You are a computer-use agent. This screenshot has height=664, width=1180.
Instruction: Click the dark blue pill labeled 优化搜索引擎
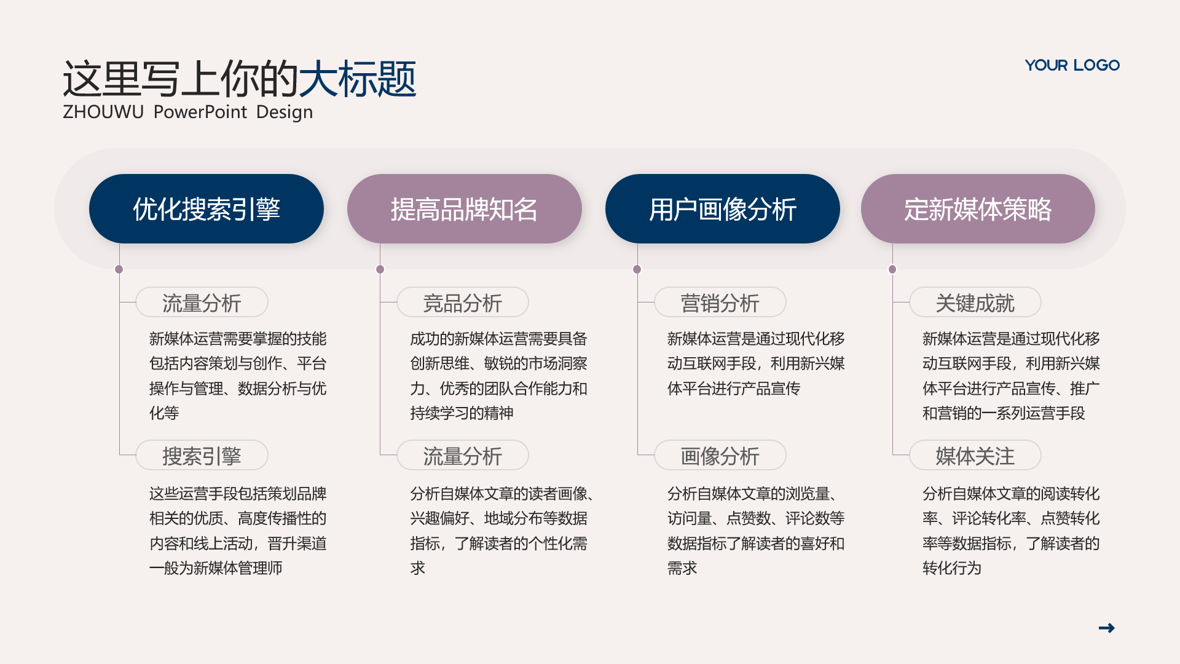[x=206, y=209]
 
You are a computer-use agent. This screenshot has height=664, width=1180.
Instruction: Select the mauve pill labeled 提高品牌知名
[x=465, y=209]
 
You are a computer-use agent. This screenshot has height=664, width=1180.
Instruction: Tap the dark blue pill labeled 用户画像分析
[x=723, y=209]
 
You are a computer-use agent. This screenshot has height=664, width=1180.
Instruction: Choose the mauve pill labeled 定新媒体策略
[x=978, y=209]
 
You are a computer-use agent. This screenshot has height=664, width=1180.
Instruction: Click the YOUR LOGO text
[x=1072, y=65]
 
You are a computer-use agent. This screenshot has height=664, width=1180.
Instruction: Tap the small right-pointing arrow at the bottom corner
[x=1106, y=628]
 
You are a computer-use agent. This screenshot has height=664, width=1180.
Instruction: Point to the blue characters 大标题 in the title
[x=357, y=79]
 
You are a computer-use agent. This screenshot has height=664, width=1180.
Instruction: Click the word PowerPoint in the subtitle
[x=200, y=112]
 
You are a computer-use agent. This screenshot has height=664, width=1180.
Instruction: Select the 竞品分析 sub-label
[x=463, y=302]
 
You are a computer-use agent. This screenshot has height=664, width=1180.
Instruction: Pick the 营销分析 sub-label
[x=720, y=302]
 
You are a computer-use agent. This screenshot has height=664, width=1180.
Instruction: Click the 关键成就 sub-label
[x=975, y=302]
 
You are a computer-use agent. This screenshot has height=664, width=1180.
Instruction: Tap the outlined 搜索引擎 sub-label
[x=202, y=456]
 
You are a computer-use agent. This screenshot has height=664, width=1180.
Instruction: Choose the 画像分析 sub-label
[x=720, y=456]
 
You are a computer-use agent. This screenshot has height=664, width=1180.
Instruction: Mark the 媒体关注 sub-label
[x=975, y=456]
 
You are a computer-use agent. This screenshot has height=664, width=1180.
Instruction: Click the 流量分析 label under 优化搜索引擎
[x=202, y=302]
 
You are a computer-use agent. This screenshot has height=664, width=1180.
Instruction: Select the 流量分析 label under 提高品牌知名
[x=463, y=456]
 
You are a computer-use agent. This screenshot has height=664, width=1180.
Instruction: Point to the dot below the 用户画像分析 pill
[x=637, y=269]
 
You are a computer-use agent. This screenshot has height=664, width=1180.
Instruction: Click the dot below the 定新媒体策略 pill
[x=892, y=269]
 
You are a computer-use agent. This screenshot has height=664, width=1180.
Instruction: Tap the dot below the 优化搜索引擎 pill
[x=119, y=269]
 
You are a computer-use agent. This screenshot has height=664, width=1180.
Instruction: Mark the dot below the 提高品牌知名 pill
[x=380, y=269]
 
